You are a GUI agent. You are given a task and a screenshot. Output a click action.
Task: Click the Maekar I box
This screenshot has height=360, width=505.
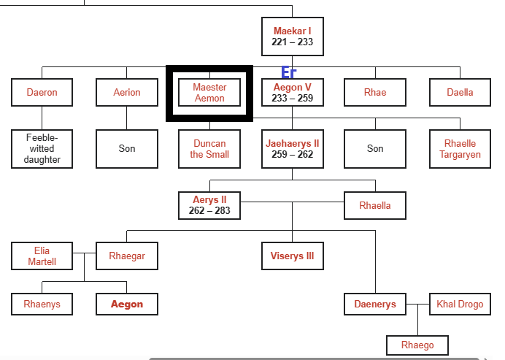click(x=292, y=37)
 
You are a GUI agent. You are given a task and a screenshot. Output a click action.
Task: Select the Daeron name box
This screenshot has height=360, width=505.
click(x=42, y=93)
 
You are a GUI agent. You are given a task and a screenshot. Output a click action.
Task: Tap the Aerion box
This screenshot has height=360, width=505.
click(x=126, y=93)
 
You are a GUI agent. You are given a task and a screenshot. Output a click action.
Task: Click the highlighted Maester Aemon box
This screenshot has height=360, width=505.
click(x=209, y=93)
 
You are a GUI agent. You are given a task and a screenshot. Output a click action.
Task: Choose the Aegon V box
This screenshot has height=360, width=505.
click(x=292, y=93)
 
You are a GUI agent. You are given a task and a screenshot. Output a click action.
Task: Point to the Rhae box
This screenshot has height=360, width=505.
click(x=375, y=93)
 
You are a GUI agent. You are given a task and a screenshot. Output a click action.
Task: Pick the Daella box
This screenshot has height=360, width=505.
click(x=460, y=93)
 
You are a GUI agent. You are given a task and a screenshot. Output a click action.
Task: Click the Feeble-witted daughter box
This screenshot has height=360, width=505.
click(x=42, y=149)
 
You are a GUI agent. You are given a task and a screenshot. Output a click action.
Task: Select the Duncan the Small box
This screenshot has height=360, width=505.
click(x=209, y=149)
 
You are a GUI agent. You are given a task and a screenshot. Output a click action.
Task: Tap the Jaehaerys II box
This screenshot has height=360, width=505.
click(x=292, y=149)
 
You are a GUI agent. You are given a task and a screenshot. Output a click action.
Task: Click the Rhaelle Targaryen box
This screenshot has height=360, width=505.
click(x=460, y=149)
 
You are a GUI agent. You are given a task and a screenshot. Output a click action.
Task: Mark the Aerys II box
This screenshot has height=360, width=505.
click(x=209, y=205)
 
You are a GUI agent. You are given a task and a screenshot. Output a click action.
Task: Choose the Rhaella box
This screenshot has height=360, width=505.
click(x=375, y=205)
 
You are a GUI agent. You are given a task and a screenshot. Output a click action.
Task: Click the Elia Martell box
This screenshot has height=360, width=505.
click(x=42, y=256)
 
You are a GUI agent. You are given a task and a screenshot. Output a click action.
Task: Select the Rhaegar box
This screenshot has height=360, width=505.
click(x=126, y=256)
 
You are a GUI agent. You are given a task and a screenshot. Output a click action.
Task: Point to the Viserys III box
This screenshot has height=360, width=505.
click(x=292, y=256)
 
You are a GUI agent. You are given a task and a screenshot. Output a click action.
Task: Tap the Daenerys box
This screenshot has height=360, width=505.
click(x=375, y=305)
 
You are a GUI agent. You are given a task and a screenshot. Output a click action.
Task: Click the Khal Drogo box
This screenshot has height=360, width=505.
click(x=460, y=305)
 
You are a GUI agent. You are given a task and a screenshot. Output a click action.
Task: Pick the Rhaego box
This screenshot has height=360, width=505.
click(x=417, y=345)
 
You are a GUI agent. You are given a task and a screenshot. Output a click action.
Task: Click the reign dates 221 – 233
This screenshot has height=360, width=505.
click(x=292, y=42)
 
